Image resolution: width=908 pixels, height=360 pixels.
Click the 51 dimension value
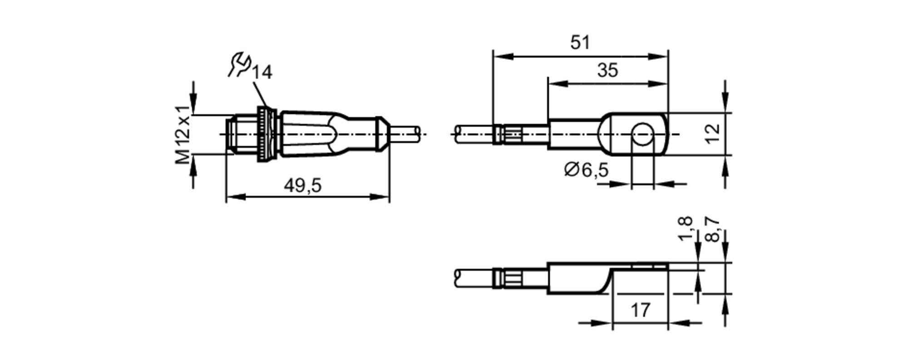(580, 43)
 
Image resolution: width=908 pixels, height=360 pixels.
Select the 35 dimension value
(607, 70)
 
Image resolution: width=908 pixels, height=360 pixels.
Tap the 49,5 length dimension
(303, 185)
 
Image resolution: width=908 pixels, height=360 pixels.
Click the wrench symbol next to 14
(239, 64)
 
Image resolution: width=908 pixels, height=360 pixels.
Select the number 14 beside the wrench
(262, 73)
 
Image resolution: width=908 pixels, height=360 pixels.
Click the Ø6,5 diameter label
(586, 170)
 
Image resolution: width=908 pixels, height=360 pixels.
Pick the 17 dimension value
(640, 311)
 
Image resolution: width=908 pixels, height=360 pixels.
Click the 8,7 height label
(713, 229)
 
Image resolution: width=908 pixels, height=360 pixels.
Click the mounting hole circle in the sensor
(642, 134)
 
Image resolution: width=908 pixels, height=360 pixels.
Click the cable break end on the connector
(418, 133)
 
